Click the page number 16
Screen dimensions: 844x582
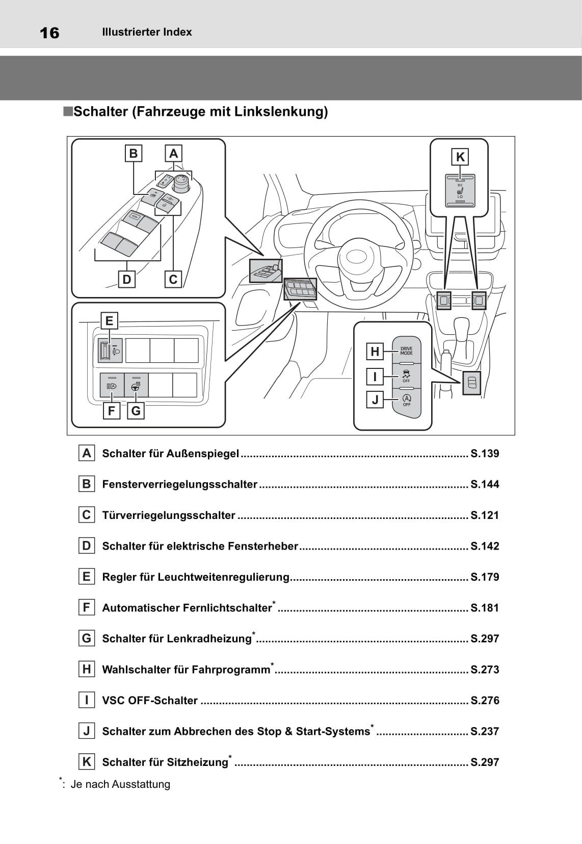pos(49,33)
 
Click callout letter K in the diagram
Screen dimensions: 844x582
pos(460,157)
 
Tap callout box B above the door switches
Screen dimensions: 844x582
pos(134,154)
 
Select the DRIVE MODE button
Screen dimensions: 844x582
pos(406,351)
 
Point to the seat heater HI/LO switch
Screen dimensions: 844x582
pos(460,191)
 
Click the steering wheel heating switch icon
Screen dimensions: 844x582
pos(136,385)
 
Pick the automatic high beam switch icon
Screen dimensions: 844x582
pos(112,385)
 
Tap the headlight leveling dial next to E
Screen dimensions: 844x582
pos(105,351)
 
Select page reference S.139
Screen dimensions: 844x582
pos(485,454)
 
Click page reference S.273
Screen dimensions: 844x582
pos(485,669)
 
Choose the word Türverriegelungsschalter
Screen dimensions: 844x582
pos(169,515)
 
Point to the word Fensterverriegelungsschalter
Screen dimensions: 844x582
pos(179,484)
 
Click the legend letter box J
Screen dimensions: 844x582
pos(87,731)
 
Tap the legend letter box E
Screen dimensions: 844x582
pos(87,577)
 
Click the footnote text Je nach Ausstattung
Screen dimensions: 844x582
pos(120,784)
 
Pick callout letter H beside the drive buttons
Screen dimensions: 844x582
pos(375,352)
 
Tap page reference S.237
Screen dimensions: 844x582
pos(485,731)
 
